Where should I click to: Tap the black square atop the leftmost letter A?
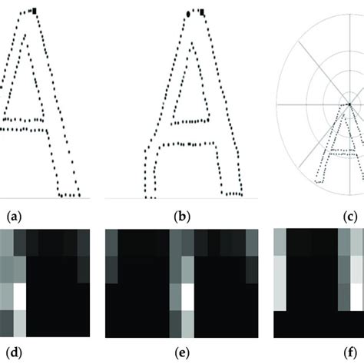click(x=35, y=10)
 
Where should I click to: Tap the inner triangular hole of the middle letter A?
click(x=187, y=84)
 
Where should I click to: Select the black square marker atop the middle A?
click(x=201, y=12)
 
